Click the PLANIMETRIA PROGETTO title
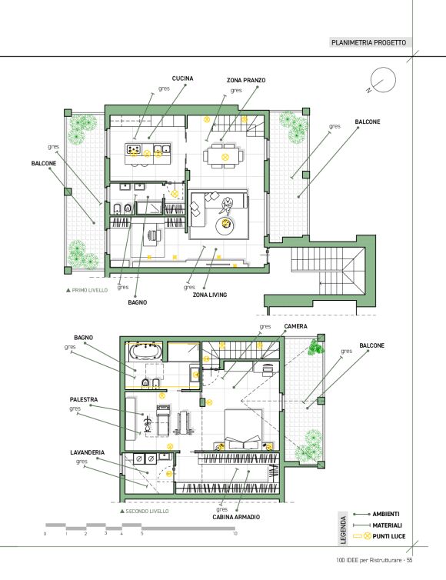click(368, 42)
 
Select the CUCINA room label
click(183, 78)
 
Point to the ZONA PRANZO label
click(246, 80)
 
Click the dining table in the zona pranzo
click(223, 156)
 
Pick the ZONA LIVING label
click(210, 295)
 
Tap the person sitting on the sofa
click(226, 205)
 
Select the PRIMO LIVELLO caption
click(87, 290)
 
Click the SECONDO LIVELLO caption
click(145, 512)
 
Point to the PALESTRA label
click(84, 399)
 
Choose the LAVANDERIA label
click(87, 452)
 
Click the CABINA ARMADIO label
click(236, 517)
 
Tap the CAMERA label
click(295, 326)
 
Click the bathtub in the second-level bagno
click(145, 352)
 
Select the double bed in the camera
click(243, 429)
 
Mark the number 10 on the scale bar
click(235, 533)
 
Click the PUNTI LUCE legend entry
click(388, 536)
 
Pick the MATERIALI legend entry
click(387, 525)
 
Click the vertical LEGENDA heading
click(343, 530)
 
